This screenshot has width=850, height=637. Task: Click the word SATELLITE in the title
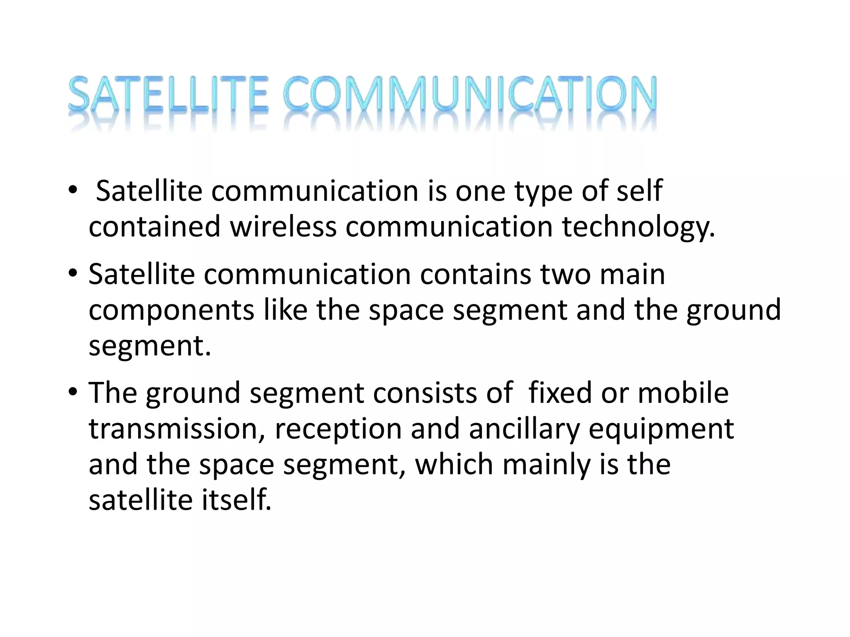(x=168, y=95)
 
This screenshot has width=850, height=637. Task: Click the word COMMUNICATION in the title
(x=470, y=95)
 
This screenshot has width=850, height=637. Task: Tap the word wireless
(x=283, y=227)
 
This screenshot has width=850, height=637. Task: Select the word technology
(x=638, y=228)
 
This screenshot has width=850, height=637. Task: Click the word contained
(x=154, y=227)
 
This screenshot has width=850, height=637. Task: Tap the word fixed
(x=560, y=393)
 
